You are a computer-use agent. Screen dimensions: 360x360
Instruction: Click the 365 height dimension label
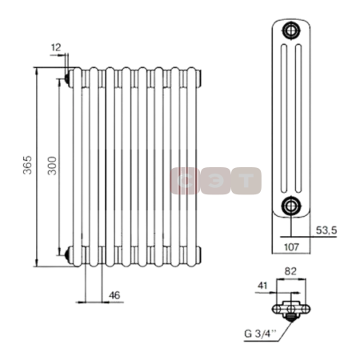click(27, 165)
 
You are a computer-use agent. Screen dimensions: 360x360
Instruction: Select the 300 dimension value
click(52, 166)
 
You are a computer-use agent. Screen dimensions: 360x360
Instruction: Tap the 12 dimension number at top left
click(56, 47)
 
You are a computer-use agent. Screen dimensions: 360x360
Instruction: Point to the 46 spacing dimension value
click(114, 295)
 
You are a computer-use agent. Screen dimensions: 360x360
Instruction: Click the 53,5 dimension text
click(326, 230)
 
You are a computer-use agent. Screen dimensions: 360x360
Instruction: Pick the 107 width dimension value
click(292, 247)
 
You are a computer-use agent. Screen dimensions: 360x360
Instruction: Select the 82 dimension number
click(290, 271)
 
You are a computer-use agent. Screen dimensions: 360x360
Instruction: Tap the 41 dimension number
click(262, 286)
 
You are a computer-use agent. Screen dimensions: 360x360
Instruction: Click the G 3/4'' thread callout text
click(261, 334)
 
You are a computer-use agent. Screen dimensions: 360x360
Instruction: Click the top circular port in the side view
click(291, 30)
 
